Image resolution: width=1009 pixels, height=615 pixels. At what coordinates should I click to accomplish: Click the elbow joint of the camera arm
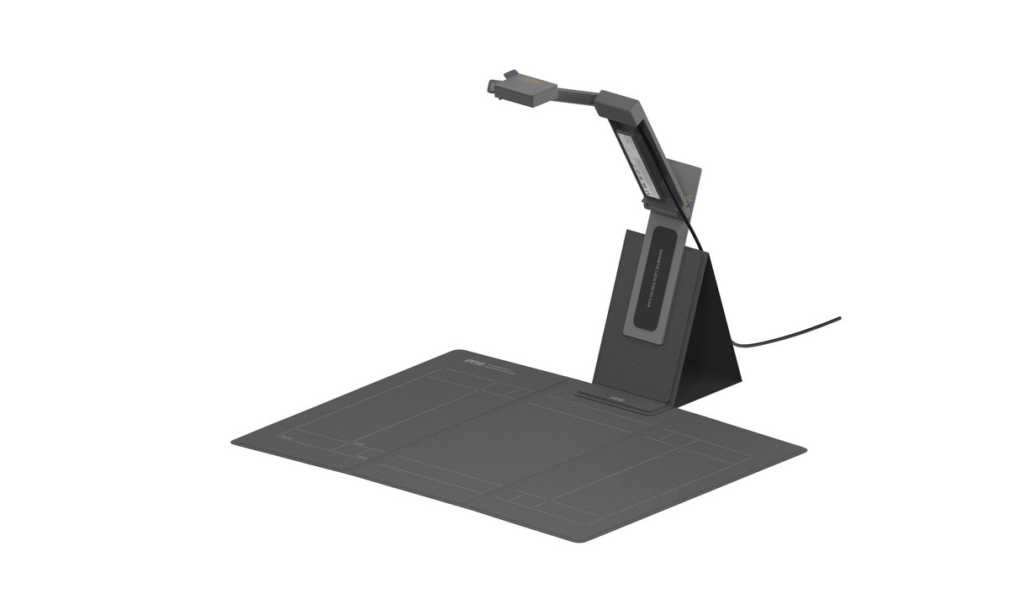tap(618, 105)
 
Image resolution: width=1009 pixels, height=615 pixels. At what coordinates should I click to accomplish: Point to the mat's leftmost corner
tap(234, 440)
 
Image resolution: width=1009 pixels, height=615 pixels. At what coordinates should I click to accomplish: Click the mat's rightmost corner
tap(804, 451)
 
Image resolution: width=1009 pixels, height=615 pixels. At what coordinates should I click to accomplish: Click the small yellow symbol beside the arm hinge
tap(689, 199)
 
